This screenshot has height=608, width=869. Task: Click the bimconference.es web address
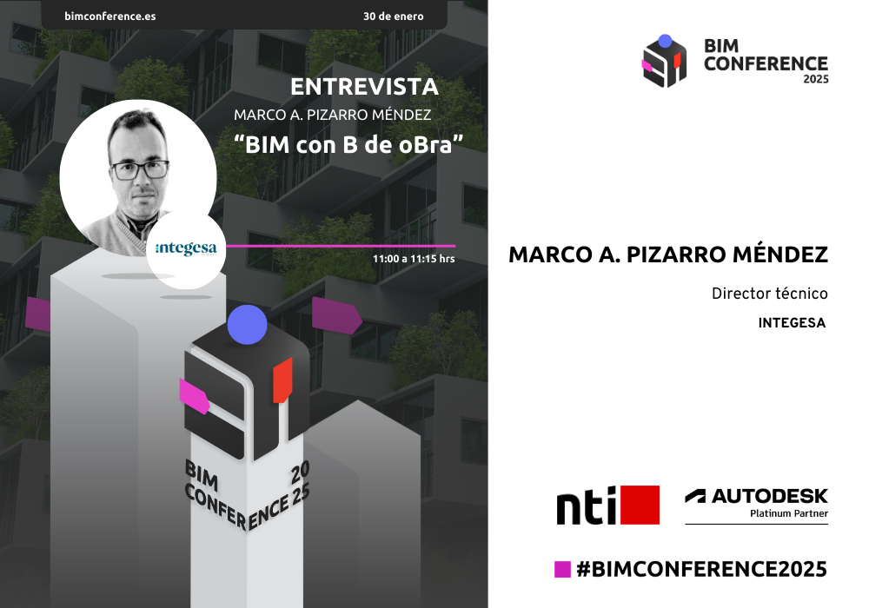(x=109, y=16)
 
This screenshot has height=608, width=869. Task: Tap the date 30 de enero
(x=394, y=16)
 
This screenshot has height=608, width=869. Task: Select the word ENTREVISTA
(x=365, y=87)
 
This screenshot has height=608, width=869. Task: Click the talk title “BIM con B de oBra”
(x=348, y=144)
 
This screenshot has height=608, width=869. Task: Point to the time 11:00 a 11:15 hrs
(x=414, y=259)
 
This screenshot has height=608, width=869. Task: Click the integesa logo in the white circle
(x=186, y=248)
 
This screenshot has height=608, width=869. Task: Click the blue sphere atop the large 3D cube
(x=247, y=325)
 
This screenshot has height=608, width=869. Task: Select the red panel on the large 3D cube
(x=282, y=380)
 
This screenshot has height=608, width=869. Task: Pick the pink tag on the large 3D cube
(x=195, y=396)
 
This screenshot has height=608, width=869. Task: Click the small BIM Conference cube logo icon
(x=665, y=61)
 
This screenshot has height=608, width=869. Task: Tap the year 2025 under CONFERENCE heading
(x=816, y=79)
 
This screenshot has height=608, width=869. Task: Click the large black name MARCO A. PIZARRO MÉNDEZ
(x=668, y=254)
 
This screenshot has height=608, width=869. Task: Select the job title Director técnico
(x=770, y=294)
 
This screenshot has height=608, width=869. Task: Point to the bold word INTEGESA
(x=792, y=323)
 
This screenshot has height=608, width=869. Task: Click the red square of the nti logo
(x=640, y=505)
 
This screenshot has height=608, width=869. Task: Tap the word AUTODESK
(x=770, y=496)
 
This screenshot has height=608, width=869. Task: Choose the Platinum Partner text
(x=789, y=513)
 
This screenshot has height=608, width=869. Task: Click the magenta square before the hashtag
(x=562, y=569)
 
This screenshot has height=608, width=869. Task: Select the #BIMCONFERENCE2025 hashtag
(x=701, y=569)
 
